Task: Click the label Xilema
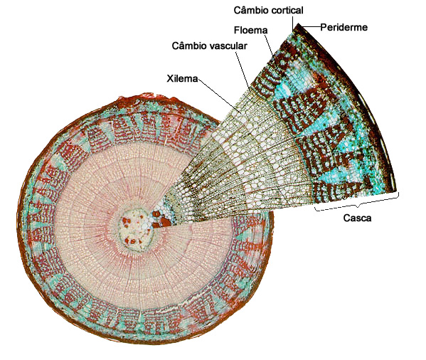(x=182, y=78)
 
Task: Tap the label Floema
(x=250, y=30)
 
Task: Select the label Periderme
(x=344, y=27)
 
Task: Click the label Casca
(x=357, y=218)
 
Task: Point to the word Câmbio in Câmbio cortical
(x=250, y=10)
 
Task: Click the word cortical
(x=286, y=11)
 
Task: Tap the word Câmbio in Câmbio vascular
(x=188, y=46)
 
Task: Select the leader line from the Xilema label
(x=219, y=95)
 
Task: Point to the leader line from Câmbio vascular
(x=243, y=71)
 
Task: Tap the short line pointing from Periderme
(x=311, y=26)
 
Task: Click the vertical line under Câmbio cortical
(x=292, y=23)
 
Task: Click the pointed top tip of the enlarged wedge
(x=298, y=24)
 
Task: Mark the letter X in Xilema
(x=170, y=78)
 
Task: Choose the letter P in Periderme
(x=324, y=27)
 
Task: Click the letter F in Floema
(x=237, y=30)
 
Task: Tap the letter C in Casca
(x=346, y=218)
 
